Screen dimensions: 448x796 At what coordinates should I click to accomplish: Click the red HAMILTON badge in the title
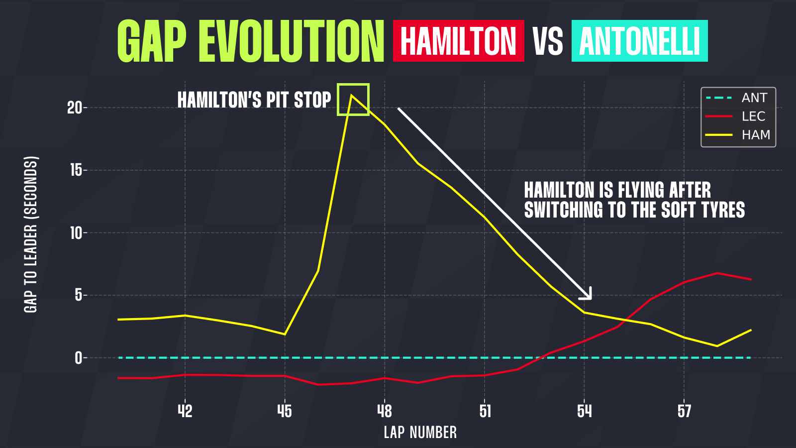tap(458, 41)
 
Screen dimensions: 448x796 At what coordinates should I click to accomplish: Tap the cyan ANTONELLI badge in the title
tap(639, 41)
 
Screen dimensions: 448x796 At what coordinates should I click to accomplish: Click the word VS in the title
tap(548, 41)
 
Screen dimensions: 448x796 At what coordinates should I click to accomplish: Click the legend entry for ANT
tap(754, 98)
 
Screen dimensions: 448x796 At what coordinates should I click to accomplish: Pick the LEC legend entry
tap(753, 116)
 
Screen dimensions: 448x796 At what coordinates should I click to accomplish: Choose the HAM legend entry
tap(756, 135)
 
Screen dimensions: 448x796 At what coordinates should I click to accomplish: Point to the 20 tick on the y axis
tap(75, 108)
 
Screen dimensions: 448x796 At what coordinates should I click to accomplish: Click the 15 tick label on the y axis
tap(75, 170)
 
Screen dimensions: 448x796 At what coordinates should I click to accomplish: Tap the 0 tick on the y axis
tap(78, 358)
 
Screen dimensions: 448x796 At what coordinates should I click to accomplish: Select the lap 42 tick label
tap(185, 411)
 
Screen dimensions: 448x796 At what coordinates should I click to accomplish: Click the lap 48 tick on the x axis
tap(385, 411)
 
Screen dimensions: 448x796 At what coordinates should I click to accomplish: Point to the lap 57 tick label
tap(684, 411)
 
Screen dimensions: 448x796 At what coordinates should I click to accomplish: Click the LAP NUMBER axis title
tap(420, 432)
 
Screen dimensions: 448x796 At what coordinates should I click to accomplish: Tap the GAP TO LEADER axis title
tap(31, 234)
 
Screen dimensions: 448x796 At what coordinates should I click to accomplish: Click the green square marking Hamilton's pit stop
tap(353, 100)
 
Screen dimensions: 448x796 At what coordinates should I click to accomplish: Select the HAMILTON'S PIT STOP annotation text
tap(254, 100)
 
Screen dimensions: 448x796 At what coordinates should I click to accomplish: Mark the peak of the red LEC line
tap(717, 273)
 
